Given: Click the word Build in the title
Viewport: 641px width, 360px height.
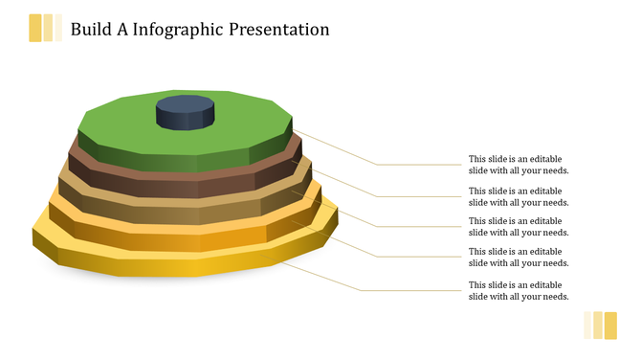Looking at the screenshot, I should click(x=89, y=30).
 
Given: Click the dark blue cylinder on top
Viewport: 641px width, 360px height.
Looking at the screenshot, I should click(x=185, y=113).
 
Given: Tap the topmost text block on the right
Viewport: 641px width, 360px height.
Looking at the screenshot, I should click(x=519, y=165).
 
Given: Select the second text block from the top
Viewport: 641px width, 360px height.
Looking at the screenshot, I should click(x=519, y=196).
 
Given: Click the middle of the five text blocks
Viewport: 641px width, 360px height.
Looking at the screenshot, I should click(x=519, y=227).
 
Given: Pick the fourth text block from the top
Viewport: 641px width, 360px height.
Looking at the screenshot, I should click(x=519, y=257).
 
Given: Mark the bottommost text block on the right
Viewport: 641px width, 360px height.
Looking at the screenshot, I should click(x=519, y=291).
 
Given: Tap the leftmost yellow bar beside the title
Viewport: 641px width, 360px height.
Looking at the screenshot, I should click(x=35, y=29).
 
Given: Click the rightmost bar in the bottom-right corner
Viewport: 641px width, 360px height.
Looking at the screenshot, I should click(x=611, y=325).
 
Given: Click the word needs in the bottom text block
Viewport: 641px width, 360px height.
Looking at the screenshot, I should click(x=554, y=297).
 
